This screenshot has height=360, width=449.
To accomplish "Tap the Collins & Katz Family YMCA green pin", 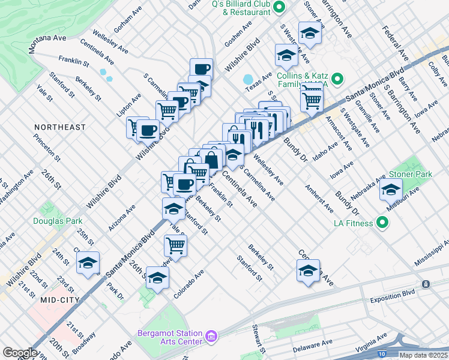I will pos(337,79).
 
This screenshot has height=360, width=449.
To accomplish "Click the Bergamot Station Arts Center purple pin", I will pos(211,338).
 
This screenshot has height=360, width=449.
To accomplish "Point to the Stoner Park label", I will pos(411,174).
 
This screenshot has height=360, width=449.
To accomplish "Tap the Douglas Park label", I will pos(58,221).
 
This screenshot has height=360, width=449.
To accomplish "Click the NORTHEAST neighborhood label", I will pos(59,127).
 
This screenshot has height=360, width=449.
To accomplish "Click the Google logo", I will pos(20,353).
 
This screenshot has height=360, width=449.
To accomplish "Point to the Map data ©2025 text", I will pos(423,355).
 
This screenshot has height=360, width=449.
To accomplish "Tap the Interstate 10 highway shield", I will pos(382,355).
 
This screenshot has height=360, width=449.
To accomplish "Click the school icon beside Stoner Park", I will pos(391,191).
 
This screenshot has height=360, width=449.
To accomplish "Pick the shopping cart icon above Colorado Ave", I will pos(175,244).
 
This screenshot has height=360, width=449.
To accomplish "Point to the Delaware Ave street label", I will pos(313,346).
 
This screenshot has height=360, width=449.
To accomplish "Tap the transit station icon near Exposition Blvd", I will pos(425,283).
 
